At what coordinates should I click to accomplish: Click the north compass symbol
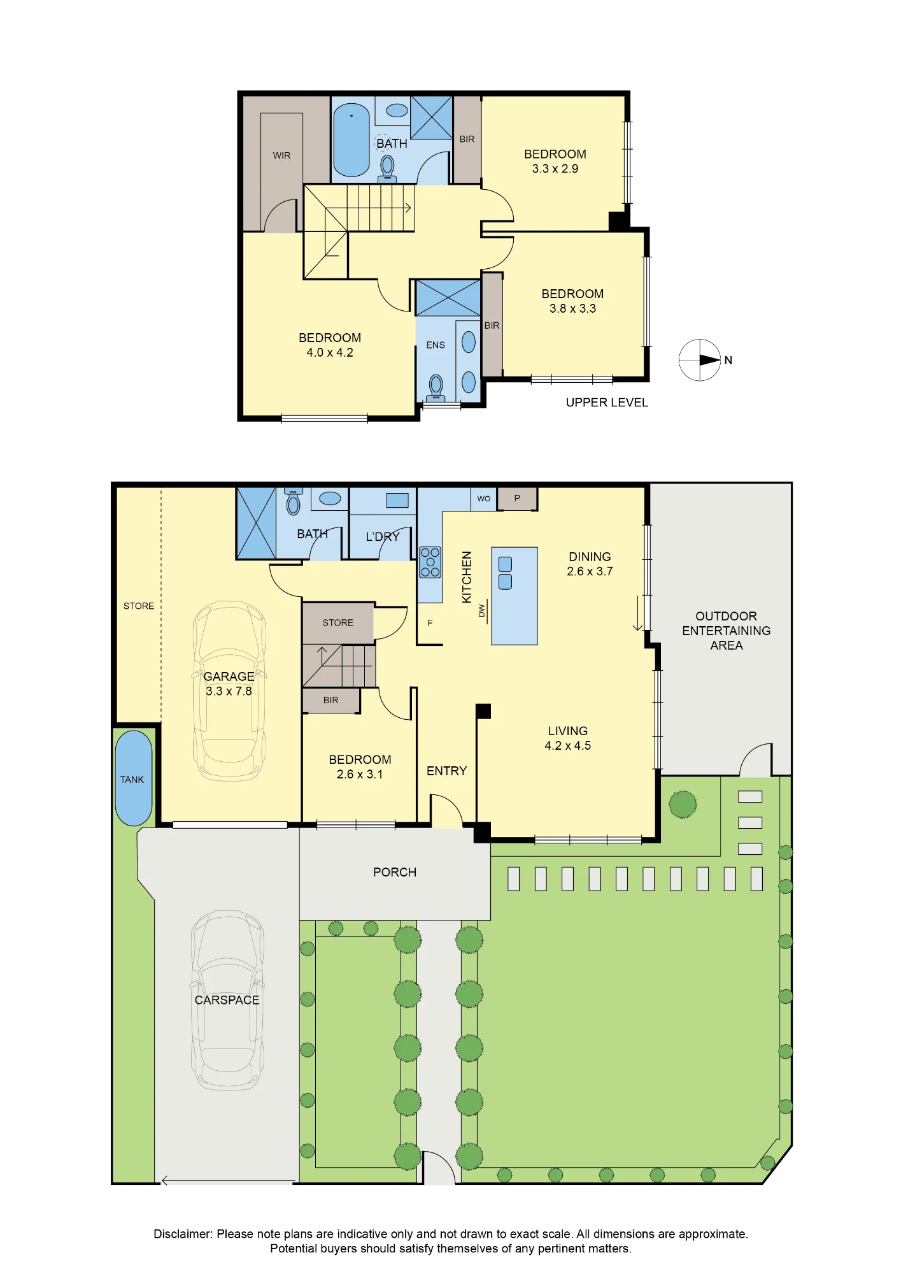pos(700,360)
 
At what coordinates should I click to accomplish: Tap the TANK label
pos(132,780)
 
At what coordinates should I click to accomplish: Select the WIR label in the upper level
pos(281,155)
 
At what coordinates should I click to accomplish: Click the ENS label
pos(436,345)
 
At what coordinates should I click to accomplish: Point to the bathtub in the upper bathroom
pos(351,140)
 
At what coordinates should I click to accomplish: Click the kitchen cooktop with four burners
pos(430,562)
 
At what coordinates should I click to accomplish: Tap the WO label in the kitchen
pos(484,499)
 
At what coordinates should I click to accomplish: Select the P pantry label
pos(517,498)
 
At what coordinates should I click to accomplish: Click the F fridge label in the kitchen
pos(430,623)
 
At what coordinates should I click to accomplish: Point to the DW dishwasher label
pos(482,611)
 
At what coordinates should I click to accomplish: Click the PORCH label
pos(395,872)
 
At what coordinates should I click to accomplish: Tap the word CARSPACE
pos(227,1000)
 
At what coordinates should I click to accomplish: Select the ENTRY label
pos(447,771)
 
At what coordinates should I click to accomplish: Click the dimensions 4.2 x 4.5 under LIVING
pos(568,746)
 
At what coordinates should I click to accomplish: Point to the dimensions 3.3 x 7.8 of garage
pos(229,691)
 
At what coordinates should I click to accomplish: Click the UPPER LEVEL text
pos(607,403)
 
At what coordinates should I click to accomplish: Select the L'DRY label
pos(383,537)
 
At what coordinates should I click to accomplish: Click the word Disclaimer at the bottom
pos(183,1234)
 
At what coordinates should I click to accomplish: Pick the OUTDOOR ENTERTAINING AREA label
pos(727,631)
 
